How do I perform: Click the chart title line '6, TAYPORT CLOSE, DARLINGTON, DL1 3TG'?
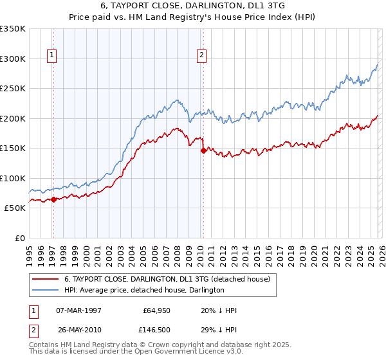[193, 6]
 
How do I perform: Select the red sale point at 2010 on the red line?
[203, 150]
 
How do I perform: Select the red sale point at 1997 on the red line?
[53, 199]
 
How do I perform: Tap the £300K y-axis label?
[13, 59]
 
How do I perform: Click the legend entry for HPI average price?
[143, 290]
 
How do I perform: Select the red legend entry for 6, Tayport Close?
[170, 279]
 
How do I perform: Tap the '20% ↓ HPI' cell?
[219, 310]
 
